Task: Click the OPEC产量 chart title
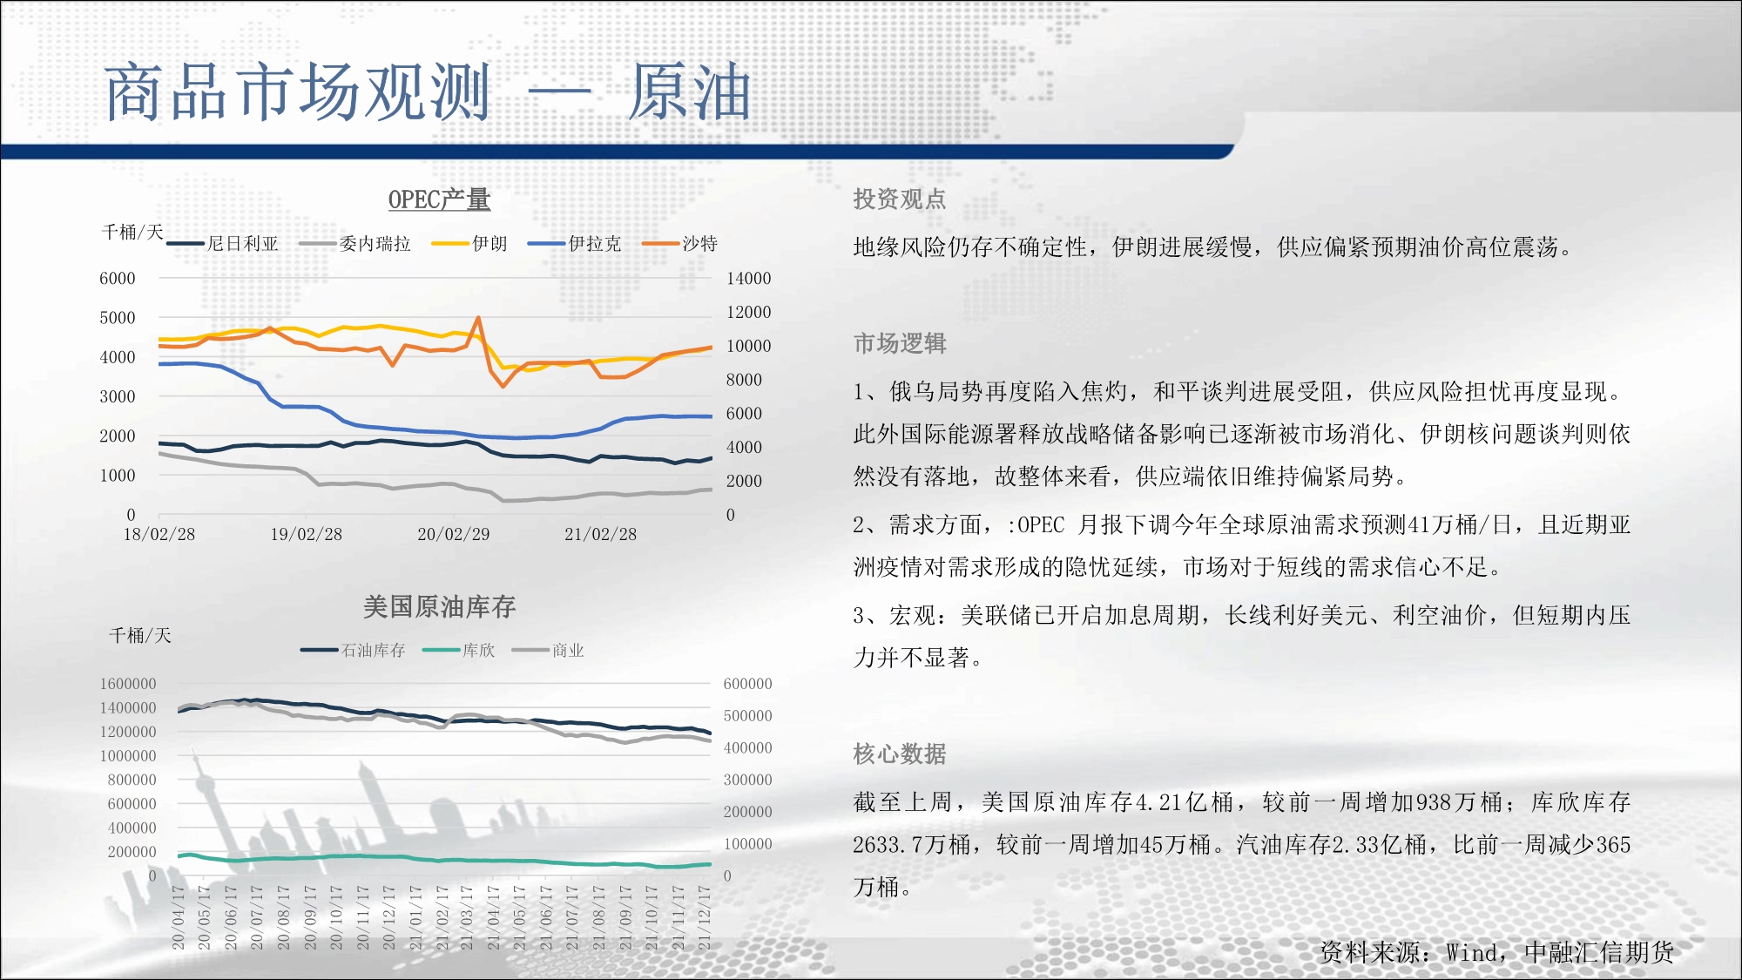[x=439, y=199]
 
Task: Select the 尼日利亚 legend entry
[x=223, y=244]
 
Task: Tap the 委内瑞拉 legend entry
[x=354, y=244]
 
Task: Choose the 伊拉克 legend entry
[x=575, y=244]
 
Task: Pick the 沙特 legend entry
[x=679, y=244]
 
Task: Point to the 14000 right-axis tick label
[x=749, y=279]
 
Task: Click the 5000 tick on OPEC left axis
[x=118, y=318]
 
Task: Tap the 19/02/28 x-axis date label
[x=307, y=534]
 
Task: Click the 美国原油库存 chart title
[x=439, y=606]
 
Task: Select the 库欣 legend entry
[x=459, y=650]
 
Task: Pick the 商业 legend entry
[x=549, y=650]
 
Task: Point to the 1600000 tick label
[x=128, y=684]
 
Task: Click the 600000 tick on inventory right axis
[x=748, y=684]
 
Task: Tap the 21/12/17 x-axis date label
[x=705, y=917]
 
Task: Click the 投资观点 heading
[x=900, y=199]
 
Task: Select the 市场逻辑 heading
[x=900, y=343]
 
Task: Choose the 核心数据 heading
[x=900, y=754]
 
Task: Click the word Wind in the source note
[x=1472, y=953]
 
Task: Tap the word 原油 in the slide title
[x=690, y=91]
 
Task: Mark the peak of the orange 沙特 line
[x=478, y=318]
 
